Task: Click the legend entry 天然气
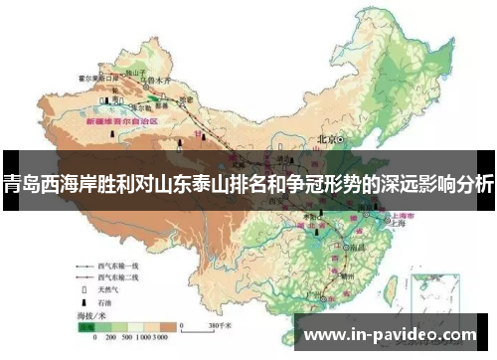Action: click(x=108, y=289)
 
